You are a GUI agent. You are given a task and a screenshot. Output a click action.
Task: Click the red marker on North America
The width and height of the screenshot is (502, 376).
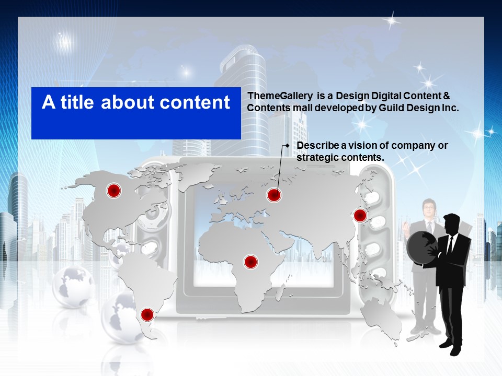pos(113,191)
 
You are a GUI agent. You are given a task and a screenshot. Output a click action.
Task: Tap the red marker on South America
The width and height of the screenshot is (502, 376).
pos(147,315)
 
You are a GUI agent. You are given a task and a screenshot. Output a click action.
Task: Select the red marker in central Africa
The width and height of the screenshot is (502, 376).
pos(251,262)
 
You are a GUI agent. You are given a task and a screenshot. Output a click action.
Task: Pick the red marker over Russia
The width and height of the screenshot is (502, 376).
pos(274,195)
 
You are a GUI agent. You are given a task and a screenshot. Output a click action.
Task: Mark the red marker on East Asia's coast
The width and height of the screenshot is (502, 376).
pos(360,216)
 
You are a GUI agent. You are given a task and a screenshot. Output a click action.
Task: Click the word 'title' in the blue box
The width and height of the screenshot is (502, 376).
pos(77,102)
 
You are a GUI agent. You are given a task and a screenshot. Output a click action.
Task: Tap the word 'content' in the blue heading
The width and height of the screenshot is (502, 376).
pos(195,102)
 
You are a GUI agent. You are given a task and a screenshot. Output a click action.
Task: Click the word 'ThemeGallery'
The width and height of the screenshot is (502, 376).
pos(280,96)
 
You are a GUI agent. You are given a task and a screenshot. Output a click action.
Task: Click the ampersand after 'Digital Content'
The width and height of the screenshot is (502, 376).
pos(447,96)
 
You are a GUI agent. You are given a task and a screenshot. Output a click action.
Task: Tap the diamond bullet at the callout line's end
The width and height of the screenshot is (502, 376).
pos(287,146)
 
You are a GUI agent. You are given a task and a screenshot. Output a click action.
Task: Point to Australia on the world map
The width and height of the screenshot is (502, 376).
pos(382,316)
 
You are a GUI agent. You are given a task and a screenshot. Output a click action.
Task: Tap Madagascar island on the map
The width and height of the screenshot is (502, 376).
pos(280,292)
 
